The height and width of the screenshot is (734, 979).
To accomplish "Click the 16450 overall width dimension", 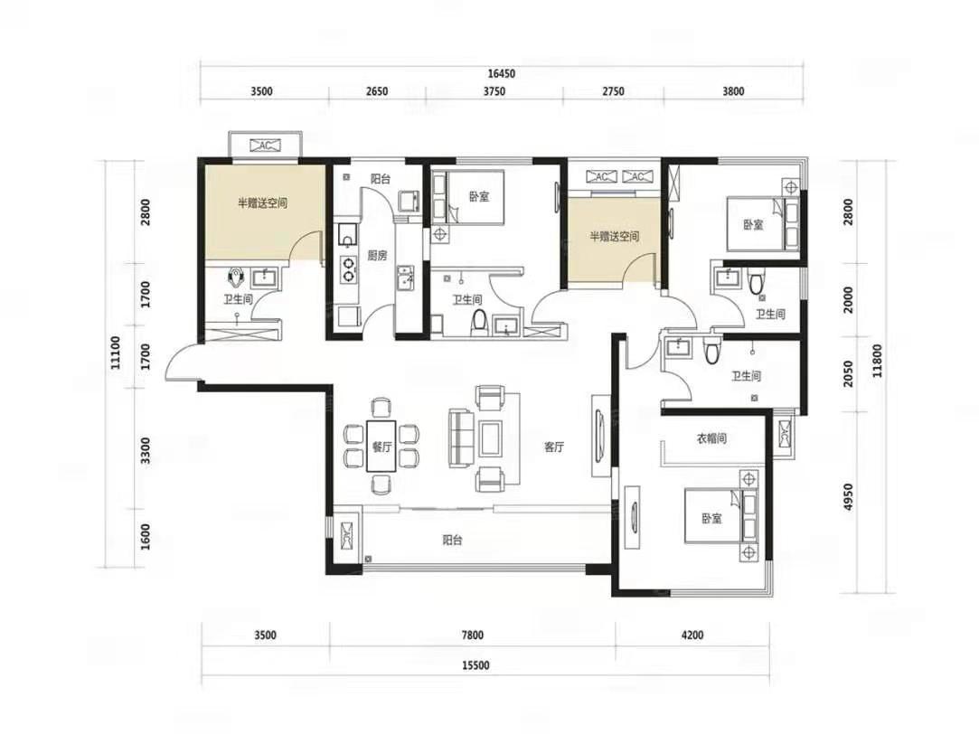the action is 502,73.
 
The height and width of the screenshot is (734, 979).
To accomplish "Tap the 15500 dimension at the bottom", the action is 475,665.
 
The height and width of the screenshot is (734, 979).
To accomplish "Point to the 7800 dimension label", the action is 473,635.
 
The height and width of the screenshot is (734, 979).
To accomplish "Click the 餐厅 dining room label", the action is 381,447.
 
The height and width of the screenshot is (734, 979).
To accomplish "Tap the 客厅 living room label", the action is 554,447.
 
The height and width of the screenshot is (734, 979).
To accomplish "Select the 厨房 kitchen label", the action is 377,255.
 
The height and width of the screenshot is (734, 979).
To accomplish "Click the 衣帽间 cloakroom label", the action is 711,438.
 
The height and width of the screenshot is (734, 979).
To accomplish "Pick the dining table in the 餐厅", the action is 381,447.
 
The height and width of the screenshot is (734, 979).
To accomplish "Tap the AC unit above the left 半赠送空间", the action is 266,146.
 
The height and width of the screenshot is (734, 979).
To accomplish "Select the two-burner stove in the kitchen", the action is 347,268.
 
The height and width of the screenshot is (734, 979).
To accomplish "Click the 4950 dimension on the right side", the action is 847,497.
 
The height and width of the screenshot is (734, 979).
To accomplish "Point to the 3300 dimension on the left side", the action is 146,451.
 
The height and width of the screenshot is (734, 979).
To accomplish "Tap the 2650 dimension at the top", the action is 376,91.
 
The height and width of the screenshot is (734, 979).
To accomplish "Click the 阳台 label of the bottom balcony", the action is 452,540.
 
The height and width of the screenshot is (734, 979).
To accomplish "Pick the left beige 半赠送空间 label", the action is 262,202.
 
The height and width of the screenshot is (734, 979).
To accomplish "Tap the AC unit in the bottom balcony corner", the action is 347,535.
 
